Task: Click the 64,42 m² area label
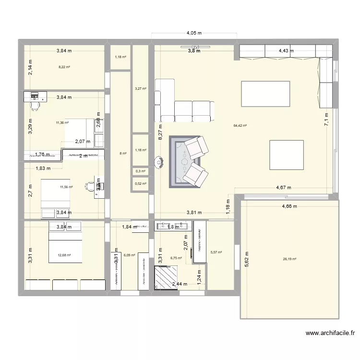[x=240, y=125]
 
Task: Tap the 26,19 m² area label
[x=289, y=259]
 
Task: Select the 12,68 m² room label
[x=64, y=255]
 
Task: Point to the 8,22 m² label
[x=64, y=67]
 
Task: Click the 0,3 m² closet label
[x=140, y=171]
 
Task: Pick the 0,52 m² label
[x=140, y=184]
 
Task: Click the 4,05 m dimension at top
[x=194, y=33]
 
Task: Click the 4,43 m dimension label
[x=286, y=50]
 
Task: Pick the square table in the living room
[x=287, y=154]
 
